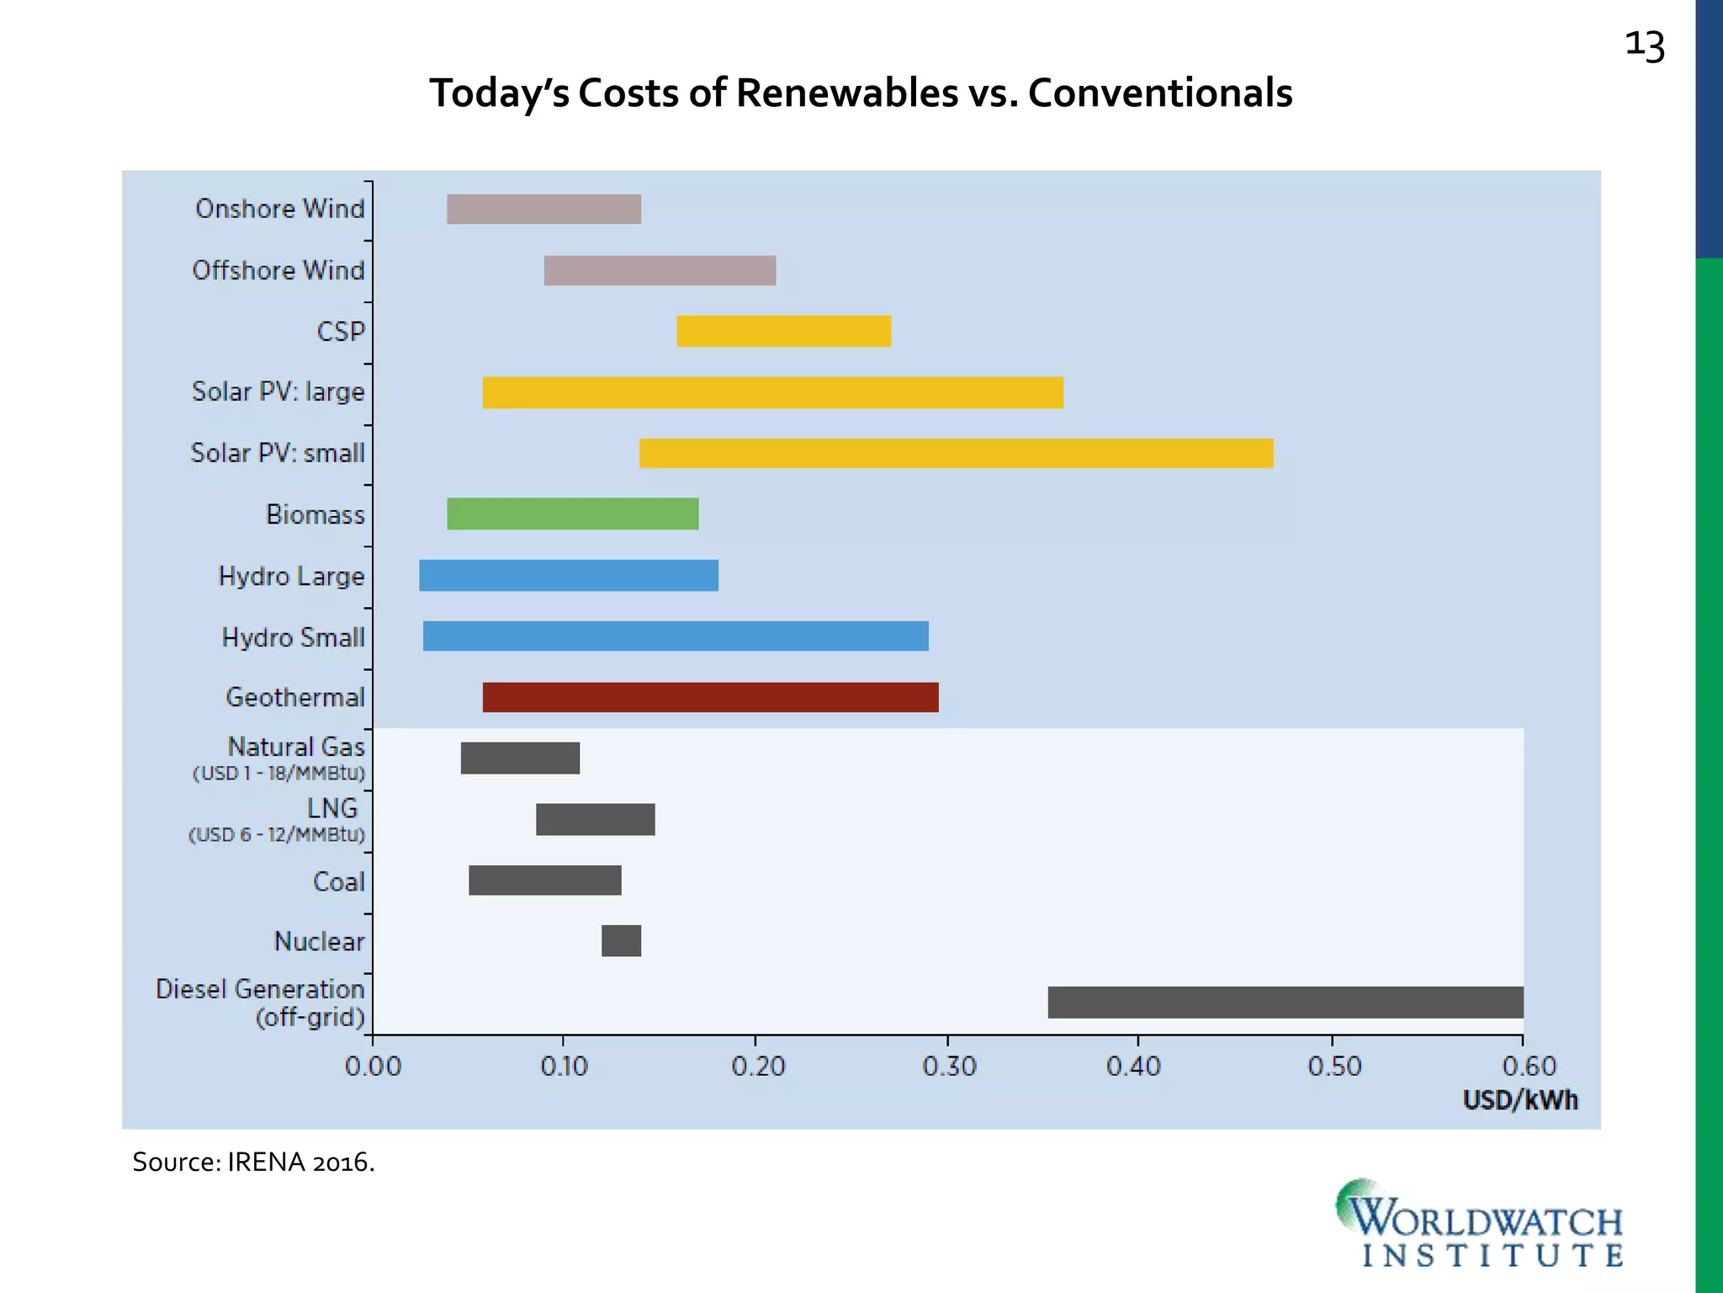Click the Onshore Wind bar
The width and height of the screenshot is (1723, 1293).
543,209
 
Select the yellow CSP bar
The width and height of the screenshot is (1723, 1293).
783,331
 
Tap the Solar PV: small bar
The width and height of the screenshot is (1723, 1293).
956,453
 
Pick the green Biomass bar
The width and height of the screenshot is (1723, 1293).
572,513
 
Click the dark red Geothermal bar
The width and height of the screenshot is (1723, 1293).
710,697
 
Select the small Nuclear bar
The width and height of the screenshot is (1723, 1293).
621,940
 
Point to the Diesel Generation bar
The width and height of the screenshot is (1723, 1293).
1285,1002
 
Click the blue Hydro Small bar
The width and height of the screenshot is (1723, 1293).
675,636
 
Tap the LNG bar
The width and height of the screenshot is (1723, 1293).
595,819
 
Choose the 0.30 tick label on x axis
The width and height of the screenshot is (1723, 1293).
949,1067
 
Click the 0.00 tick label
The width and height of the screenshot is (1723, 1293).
373,1067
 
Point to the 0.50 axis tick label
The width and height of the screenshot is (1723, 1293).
1333,1067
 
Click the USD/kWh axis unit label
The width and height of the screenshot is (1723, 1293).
1519,1100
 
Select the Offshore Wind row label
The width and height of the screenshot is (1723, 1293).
278,270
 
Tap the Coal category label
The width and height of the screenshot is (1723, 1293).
338,881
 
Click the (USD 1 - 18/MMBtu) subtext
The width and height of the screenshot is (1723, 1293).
278,773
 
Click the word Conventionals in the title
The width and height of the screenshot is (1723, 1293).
1159,93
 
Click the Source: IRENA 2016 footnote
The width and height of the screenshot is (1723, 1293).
253,1162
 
